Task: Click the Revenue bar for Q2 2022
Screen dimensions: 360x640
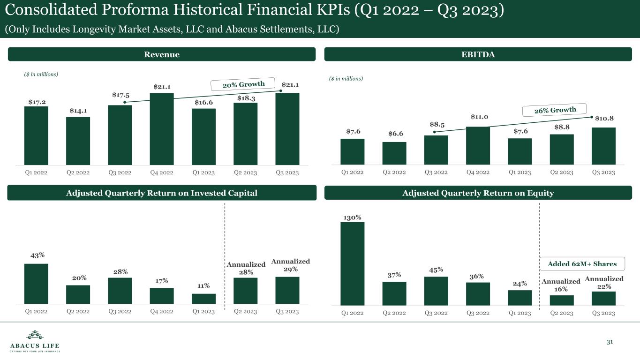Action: click(x=78, y=141)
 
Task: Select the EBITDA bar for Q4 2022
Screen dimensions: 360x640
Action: click(x=478, y=146)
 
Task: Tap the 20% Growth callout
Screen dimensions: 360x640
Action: click(x=243, y=84)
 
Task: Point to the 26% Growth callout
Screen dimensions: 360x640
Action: click(x=555, y=111)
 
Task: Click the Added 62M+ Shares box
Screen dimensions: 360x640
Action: click(x=582, y=264)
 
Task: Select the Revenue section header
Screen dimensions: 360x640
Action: click(x=161, y=54)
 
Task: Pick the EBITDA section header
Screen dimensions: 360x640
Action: click(x=478, y=54)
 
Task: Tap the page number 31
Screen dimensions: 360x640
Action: click(x=610, y=342)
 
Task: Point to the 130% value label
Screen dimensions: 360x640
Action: click(x=352, y=217)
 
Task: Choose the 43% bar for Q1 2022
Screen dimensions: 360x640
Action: click(x=36, y=284)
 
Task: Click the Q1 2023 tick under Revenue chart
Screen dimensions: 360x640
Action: click(x=203, y=172)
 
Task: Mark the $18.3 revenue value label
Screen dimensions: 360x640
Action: click(x=246, y=98)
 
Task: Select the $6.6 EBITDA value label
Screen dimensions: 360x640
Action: click(x=394, y=134)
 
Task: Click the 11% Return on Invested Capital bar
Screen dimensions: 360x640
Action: click(x=203, y=299)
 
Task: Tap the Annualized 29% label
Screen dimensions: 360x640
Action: click(x=290, y=265)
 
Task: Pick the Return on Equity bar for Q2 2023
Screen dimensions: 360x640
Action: click(x=561, y=300)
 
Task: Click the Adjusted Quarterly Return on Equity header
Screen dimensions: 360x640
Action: click(x=478, y=193)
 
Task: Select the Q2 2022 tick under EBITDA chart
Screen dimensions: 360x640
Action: click(x=394, y=172)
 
